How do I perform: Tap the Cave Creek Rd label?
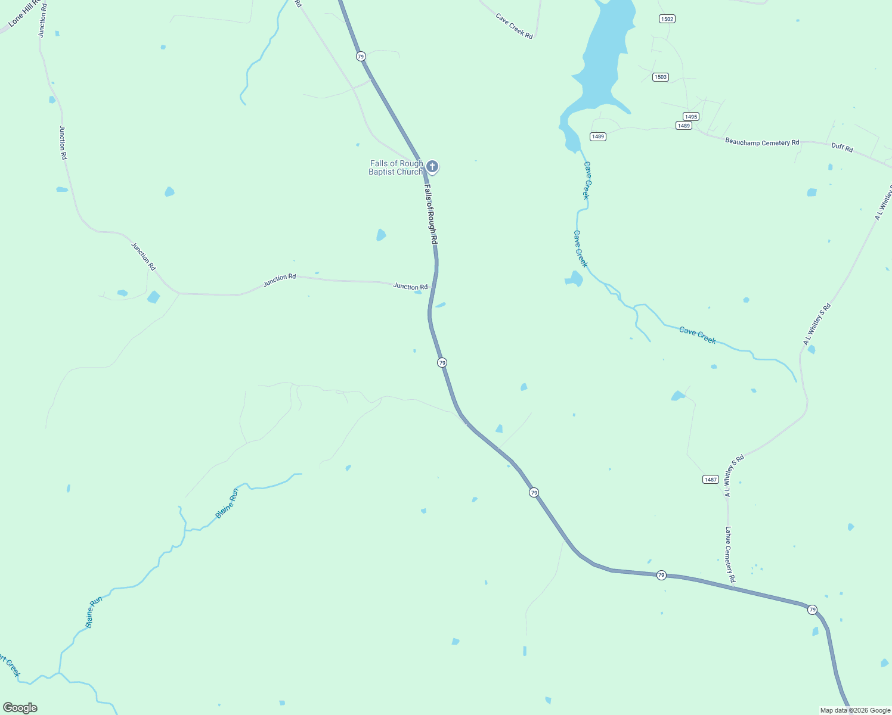(x=514, y=26)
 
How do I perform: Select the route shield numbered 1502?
(x=667, y=19)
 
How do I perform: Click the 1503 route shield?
(x=660, y=77)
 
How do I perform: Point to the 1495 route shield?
(x=691, y=117)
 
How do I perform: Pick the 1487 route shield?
(x=710, y=480)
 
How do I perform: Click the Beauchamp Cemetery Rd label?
(x=762, y=142)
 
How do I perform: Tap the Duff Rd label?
(x=842, y=147)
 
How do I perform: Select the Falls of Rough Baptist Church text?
(x=396, y=167)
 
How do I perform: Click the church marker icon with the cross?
(x=432, y=166)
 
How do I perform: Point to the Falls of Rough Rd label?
(x=430, y=214)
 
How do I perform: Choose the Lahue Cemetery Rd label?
(x=730, y=554)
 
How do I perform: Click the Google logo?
(x=20, y=708)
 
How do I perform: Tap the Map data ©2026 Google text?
(x=855, y=710)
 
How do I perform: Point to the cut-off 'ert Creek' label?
(x=10, y=666)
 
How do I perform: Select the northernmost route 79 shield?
(x=361, y=56)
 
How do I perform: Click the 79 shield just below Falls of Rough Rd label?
(x=442, y=362)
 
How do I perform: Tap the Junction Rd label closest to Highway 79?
(x=410, y=287)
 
